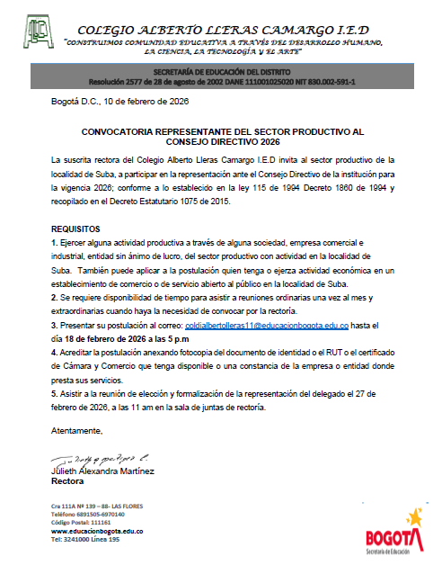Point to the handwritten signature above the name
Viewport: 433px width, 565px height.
tap(90, 458)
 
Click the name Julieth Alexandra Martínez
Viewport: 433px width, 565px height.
tap(102, 471)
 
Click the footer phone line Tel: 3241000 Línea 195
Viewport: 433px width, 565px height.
tap(85, 540)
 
